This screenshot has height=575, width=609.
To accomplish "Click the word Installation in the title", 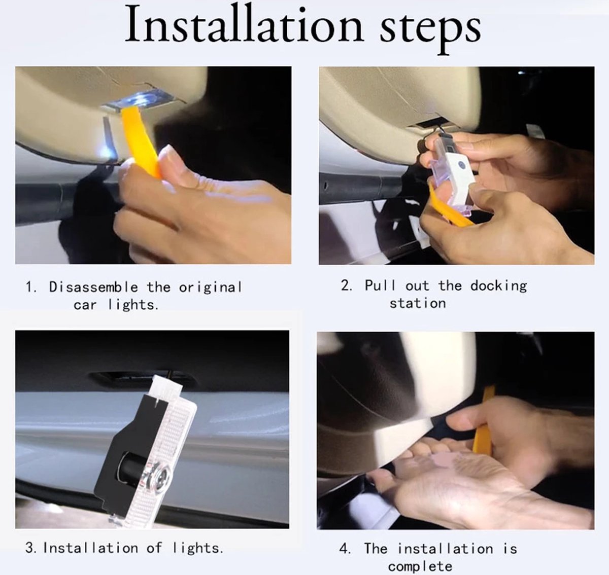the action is pyautogui.click(x=244, y=24).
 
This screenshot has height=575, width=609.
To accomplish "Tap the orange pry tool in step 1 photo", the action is pyautogui.click(x=141, y=141).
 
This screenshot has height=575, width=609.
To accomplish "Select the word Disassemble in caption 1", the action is pyautogui.click(x=93, y=287).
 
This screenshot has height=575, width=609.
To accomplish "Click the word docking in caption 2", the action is pyautogui.click(x=498, y=286).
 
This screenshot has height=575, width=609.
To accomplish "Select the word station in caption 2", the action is pyautogui.click(x=418, y=303).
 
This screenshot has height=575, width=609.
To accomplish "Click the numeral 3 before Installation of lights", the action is pyautogui.click(x=30, y=548).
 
